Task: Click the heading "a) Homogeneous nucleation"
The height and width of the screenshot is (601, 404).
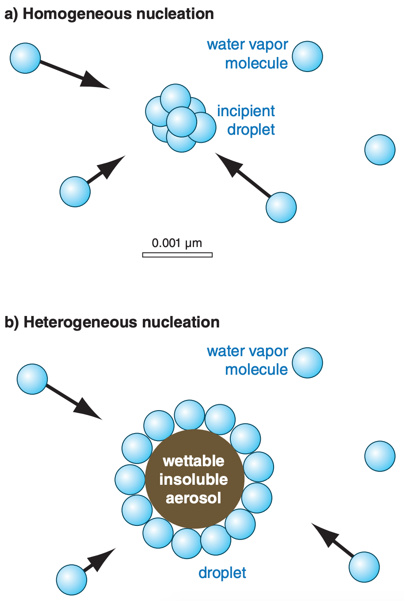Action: click(x=109, y=14)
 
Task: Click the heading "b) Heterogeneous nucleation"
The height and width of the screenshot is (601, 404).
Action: click(x=112, y=322)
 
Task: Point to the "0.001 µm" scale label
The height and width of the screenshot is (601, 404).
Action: click(x=177, y=243)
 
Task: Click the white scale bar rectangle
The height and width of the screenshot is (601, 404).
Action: click(x=177, y=255)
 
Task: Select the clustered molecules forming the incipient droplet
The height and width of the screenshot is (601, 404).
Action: click(x=179, y=118)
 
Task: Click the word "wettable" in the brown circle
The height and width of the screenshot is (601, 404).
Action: click(x=194, y=461)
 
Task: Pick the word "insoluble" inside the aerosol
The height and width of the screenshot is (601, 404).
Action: click(x=194, y=479)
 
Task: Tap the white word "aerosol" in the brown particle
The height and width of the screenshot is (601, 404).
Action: click(x=194, y=498)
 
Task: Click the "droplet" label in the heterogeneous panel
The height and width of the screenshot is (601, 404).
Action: click(x=222, y=573)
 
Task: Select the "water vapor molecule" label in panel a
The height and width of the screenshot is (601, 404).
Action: click(x=248, y=54)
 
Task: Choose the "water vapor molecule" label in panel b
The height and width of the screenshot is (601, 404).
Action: click(x=248, y=360)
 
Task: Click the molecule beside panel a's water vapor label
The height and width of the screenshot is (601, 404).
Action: click(x=308, y=57)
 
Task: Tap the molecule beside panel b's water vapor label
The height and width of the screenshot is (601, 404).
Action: click(x=308, y=363)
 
